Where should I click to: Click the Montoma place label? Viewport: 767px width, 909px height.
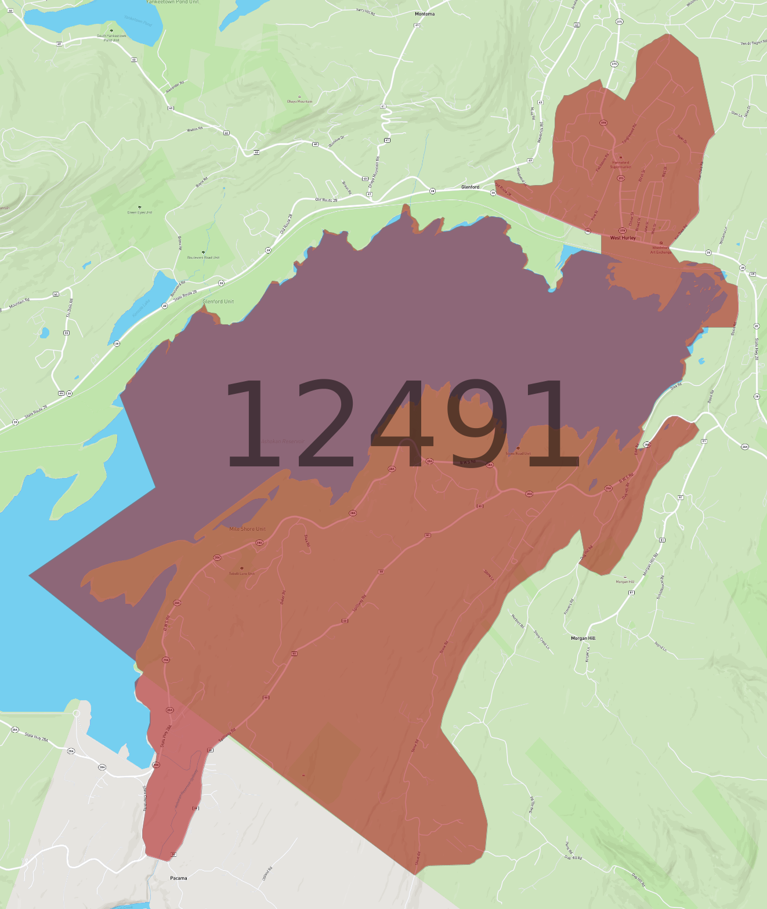point(425,14)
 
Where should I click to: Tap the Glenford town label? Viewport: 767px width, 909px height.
point(470,187)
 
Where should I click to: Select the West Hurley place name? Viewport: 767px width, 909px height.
point(623,238)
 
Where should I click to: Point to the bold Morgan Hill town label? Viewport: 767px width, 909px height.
point(583,638)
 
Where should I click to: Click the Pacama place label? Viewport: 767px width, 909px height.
point(179,878)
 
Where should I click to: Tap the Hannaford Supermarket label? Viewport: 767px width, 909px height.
point(620,165)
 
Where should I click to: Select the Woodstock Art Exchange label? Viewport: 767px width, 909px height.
point(661,250)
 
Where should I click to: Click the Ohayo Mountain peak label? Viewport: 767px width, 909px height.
point(299,102)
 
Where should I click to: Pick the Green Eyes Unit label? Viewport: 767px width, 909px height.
point(140,212)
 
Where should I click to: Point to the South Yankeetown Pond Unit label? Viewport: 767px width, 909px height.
point(111,38)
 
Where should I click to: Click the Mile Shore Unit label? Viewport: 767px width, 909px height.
point(247,529)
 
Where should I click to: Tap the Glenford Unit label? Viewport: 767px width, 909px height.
point(218,302)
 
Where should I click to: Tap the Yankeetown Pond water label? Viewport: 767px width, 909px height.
point(138,21)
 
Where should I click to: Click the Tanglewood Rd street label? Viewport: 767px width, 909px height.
point(629,134)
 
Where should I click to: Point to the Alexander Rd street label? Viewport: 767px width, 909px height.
point(175,86)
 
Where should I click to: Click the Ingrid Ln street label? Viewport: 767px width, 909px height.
point(660,646)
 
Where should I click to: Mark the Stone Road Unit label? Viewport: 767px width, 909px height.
point(518,454)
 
